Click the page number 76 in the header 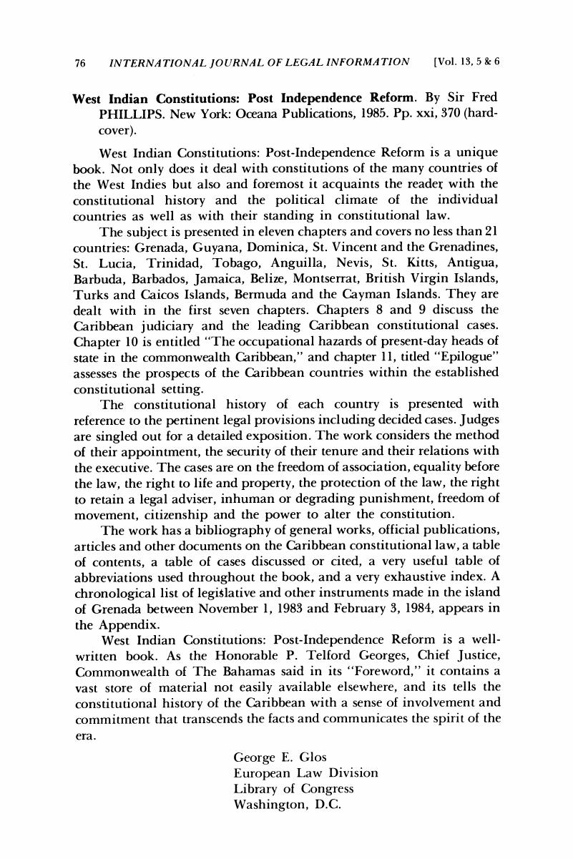(x=80, y=62)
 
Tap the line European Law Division (x=305, y=773)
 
